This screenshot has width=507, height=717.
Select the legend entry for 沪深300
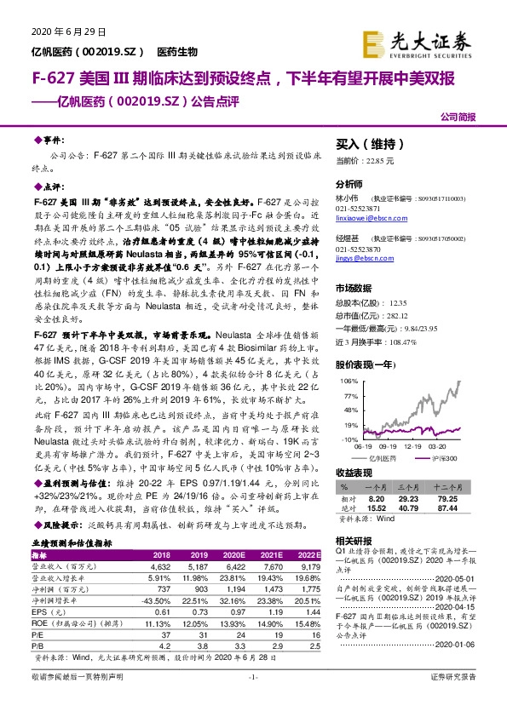point(444,457)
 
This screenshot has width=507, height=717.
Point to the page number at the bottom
point(252,700)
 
